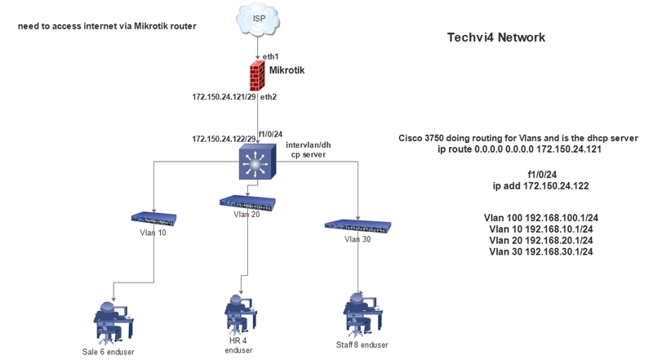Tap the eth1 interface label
pos(271,56)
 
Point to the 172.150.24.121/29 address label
pos(223,97)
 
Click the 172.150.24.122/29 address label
pos(223,140)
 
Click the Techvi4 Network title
pos(496,38)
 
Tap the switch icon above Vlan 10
pos(153,218)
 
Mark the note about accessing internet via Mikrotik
pos(107,26)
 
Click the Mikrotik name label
pos(287,71)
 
